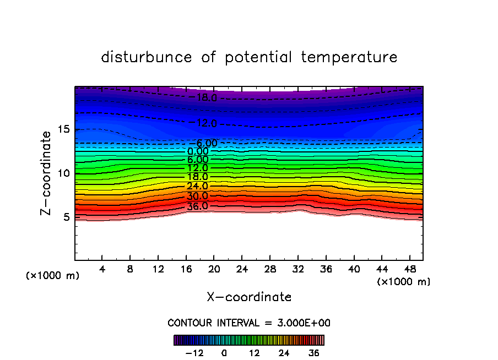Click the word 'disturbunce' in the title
(147, 57)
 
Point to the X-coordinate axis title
(249, 297)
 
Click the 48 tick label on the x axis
(409, 270)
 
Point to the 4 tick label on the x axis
(102, 270)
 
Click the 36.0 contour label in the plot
(197, 206)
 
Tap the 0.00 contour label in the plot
(198, 151)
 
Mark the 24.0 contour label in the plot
(197, 187)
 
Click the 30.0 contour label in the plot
(197, 197)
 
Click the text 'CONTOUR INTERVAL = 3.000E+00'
(249, 323)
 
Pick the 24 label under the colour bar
(284, 353)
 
